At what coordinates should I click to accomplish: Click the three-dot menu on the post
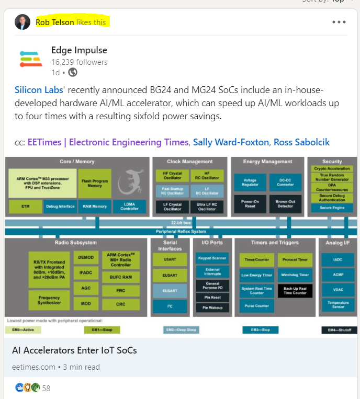coord(339,22)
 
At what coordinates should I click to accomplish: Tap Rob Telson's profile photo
coord(22,22)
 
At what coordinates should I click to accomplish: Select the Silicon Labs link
coord(39,90)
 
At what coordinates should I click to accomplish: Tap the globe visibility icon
coord(73,72)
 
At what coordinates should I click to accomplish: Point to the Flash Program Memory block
coord(95,183)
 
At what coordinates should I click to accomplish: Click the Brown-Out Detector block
coord(285,203)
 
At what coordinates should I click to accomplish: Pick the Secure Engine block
coord(332,208)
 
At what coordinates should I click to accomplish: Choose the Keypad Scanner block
coord(211,258)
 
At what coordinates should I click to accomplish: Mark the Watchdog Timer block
coord(295,275)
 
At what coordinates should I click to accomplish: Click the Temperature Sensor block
coord(337,305)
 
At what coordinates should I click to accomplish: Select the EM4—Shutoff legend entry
coord(339,330)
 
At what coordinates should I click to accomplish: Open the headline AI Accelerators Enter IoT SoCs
coord(74,350)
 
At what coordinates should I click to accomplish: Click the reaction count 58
coord(46,388)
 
